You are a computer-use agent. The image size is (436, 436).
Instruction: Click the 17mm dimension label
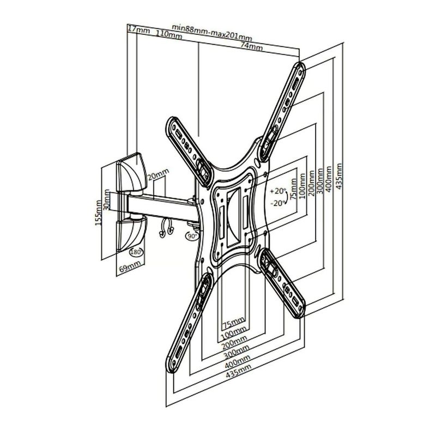(138, 29)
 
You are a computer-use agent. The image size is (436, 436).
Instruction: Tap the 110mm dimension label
(169, 34)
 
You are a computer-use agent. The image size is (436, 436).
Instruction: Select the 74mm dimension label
(251, 46)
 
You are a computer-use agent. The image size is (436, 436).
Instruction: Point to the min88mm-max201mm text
(212, 33)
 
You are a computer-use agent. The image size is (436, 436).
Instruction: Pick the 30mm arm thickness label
(106, 199)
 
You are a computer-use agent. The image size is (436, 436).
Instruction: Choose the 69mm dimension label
(130, 267)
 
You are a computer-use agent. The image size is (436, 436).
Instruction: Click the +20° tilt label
(278, 191)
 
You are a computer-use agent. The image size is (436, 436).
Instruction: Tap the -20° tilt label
(278, 203)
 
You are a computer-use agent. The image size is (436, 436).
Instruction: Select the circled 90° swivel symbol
(192, 236)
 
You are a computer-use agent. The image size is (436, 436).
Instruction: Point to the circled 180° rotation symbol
(137, 252)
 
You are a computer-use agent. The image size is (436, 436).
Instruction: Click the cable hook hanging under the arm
(167, 227)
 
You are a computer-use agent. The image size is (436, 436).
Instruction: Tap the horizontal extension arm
(162, 207)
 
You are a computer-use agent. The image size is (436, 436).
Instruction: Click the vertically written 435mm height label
(339, 177)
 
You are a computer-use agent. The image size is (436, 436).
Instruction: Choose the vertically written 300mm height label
(320, 181)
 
